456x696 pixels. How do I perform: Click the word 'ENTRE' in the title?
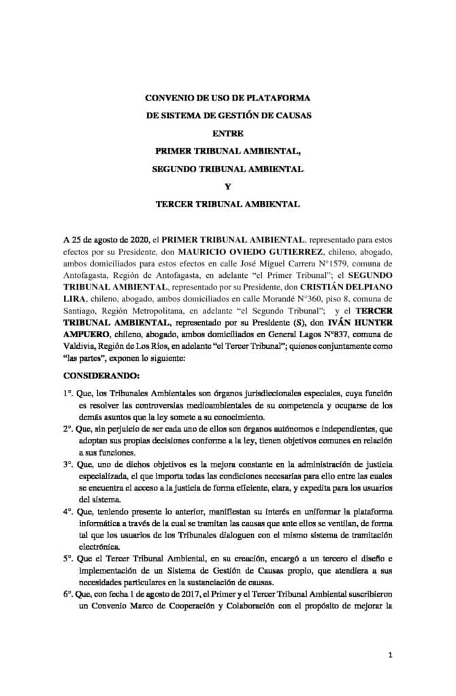[x=227, y=133]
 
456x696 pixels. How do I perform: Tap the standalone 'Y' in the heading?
[x=227, y=186]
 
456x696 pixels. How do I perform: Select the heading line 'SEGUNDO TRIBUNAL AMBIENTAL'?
[x=227, y=168]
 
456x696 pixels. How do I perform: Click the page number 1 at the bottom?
[x=390, y=655]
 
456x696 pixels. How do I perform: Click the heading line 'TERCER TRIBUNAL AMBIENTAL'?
[x=227, y=203]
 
